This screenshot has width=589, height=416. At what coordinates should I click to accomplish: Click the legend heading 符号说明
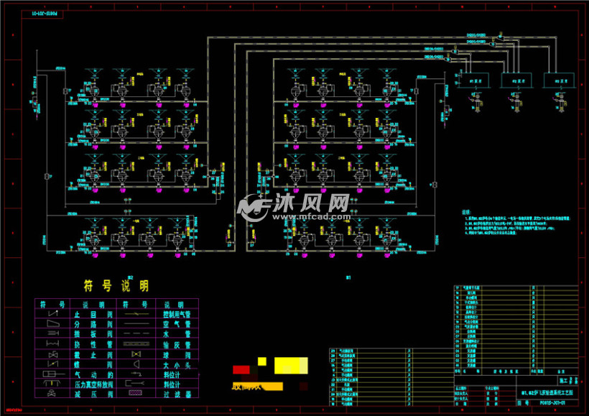(116, 286)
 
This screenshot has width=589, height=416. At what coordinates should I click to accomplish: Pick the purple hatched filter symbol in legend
(135, 394)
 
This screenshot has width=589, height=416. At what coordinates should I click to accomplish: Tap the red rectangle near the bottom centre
(241, 369)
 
